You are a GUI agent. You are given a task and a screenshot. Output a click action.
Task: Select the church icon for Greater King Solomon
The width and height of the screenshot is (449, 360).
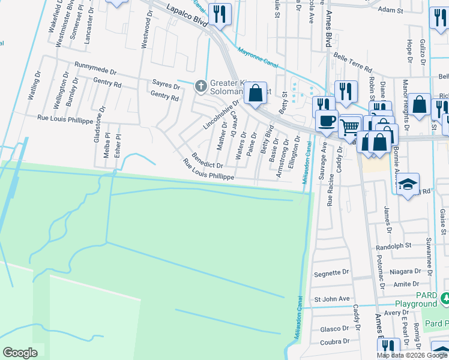coord(201,87)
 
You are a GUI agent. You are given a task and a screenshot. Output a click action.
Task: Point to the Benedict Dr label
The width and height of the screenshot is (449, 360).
coord(207,159)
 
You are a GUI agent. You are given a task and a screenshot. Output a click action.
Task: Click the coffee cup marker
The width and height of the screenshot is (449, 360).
coord(327,121)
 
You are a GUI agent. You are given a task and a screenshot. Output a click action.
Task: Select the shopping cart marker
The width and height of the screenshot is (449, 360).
coord(349,126)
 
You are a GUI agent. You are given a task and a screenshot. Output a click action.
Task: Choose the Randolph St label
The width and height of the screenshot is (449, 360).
coord(393,245)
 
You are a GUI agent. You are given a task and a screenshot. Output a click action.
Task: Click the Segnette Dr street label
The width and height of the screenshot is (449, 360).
coord(331,272)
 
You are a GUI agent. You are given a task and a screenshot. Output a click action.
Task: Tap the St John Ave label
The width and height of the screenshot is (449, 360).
coord(331,298)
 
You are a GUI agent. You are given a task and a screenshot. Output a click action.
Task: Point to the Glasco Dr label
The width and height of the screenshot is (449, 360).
coord(334,328)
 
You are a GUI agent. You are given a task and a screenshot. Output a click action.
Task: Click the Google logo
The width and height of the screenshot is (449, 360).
coord(20,353)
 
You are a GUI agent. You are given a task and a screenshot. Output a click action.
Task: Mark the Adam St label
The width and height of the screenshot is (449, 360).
coord(390,10)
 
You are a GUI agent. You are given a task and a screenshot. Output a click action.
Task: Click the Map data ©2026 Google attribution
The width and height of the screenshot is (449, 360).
coord(412,355)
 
